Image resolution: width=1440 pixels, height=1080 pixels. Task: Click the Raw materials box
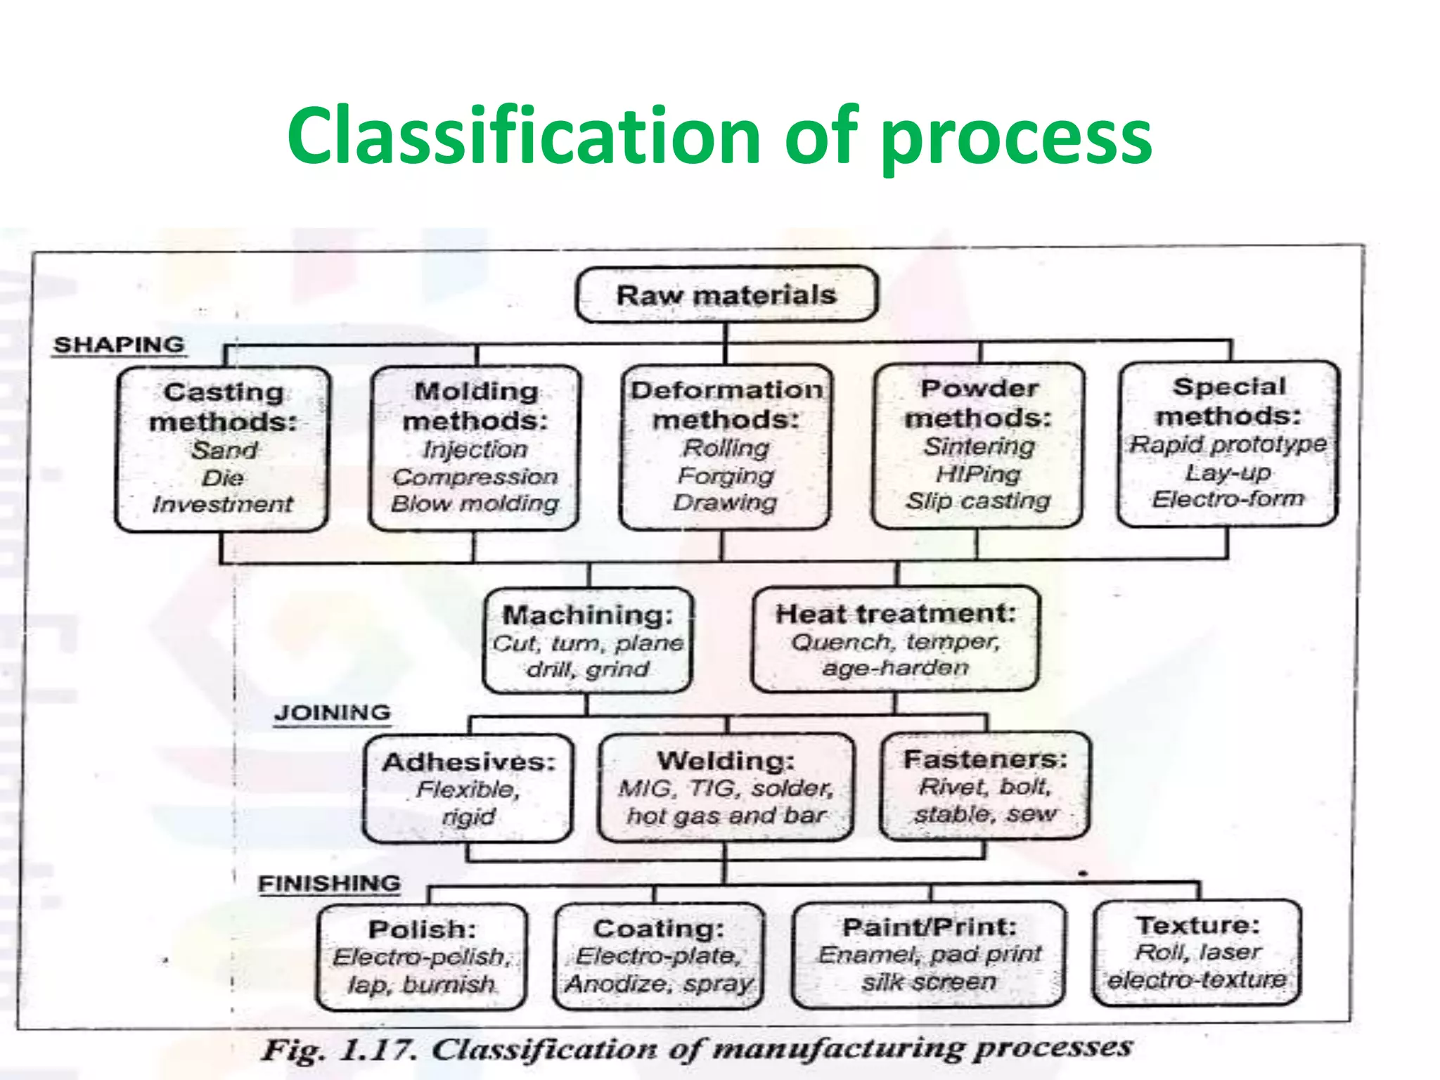(x=726, y=295)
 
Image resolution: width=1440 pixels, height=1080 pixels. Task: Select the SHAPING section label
(x=119, y=345)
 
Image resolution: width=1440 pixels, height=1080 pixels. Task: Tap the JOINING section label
(x=332, y=712)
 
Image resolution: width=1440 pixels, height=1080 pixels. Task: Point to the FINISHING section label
(x=329, y=883)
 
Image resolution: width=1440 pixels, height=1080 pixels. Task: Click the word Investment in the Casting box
(x=222, y=504)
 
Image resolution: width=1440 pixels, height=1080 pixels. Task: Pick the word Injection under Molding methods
(x=475, y=449)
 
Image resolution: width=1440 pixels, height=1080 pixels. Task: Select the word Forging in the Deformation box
(x=726, y=476)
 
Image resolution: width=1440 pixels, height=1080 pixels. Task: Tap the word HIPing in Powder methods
(x=978, y=474)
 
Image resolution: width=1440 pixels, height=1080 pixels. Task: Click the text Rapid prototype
(x=1228, y=444)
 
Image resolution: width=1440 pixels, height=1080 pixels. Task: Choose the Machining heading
(x=588, y=615)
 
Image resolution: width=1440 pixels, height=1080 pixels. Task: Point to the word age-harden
(x=896, y=667)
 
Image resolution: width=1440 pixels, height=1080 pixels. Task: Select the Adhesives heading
(x=469, y=762)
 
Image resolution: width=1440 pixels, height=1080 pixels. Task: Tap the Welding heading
(x=726, y=761)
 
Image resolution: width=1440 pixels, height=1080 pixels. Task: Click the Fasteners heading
(x=985, y=759)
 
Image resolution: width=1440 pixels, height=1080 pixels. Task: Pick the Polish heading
(x=422, y=930)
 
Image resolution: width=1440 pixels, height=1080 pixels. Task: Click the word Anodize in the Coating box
(x=619, y=984)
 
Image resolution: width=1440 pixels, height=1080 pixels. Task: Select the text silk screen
(x=929, y=982)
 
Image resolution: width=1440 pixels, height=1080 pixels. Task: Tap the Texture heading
(x=1197, y=925)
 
